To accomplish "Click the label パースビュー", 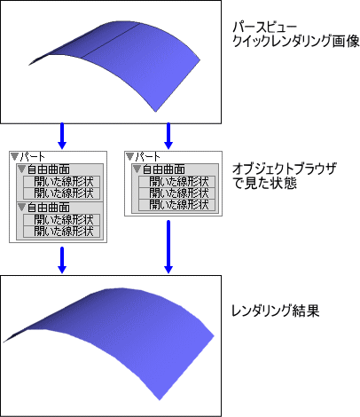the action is (x=264, y=28).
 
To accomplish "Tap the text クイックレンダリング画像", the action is (x=296, y=42).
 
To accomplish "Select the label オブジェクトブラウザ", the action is (x=285, y=169).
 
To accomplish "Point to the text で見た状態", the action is (x=264, y=184).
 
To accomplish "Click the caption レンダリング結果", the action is (x=275, y=311).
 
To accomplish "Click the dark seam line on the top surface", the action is (x=110, y=41).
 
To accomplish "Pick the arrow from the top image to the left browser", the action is (x=62, y=136).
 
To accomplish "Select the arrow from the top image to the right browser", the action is (x=168, y=136).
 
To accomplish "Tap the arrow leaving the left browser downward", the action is (x=62, y=260).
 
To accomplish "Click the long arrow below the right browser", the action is (x=168, y=247).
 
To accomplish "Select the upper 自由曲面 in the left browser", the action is (x=49, y=169).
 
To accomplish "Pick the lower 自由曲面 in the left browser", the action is (x=49, y=208).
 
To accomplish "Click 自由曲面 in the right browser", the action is (x=164, y=169).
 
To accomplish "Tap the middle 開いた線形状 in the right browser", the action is (x=179, y=193).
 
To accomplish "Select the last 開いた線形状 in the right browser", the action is (x=179, y=205).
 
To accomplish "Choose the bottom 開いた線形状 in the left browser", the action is (x=64, y=231).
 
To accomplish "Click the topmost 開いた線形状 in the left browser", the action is (x=64, y=182).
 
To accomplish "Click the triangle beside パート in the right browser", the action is (x=129, y=157).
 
